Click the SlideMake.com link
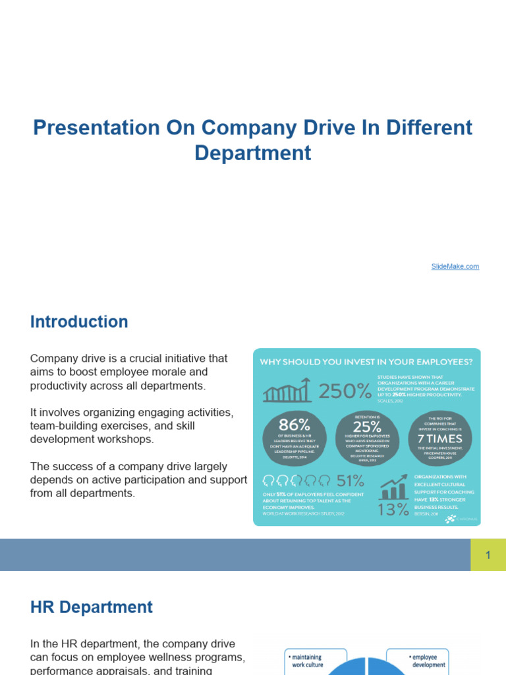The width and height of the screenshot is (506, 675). [x=455, y=266]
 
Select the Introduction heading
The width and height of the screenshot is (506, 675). [x=79, y=322]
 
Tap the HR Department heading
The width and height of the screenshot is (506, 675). [x=92, y=607]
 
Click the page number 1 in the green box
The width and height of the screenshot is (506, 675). [x=488, y=555]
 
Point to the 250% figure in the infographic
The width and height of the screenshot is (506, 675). [x=345, y=392]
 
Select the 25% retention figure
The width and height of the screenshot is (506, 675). [x=367, y=426]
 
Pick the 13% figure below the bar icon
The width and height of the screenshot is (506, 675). [x=394, y=510]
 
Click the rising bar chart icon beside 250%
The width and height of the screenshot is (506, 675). [x=287, y=391]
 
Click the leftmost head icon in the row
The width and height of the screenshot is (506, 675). [x=269, y=479]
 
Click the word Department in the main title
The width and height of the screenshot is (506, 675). [x=253, y=153]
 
